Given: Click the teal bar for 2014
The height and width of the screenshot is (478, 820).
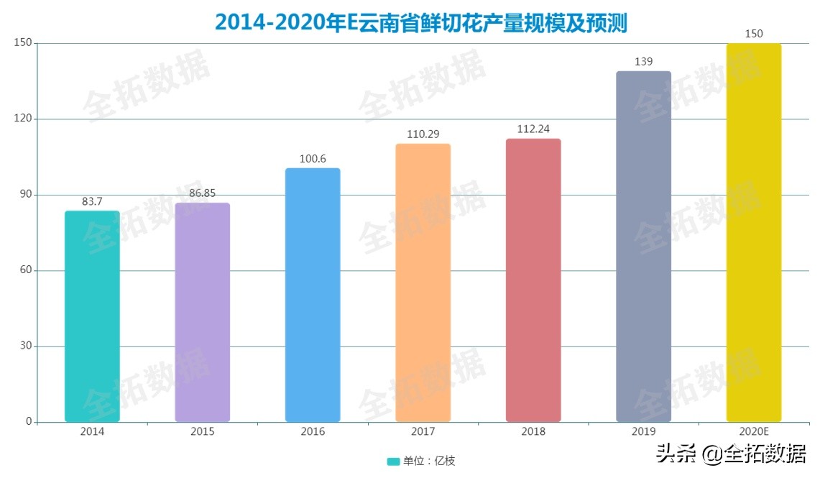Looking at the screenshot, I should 92,316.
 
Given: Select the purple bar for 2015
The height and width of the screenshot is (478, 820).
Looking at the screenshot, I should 203,313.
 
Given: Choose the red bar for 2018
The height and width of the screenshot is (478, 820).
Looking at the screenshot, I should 533,280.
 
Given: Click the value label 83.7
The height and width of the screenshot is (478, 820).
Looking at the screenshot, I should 93,202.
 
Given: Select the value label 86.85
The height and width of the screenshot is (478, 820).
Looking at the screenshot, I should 203,193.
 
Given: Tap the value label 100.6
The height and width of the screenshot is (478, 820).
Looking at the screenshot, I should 313,159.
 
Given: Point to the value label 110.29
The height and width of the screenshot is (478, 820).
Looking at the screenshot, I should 423,134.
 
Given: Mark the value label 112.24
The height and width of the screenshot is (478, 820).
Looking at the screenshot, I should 533,129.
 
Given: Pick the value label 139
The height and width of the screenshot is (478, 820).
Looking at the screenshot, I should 644,62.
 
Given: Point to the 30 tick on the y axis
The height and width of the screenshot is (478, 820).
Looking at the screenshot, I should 27,346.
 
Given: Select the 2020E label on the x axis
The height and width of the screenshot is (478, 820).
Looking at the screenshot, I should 754,432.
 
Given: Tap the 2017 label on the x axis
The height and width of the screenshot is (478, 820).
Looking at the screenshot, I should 423,432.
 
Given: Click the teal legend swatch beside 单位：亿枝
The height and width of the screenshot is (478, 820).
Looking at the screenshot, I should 393,461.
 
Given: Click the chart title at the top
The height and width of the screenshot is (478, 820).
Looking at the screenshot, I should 421,23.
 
